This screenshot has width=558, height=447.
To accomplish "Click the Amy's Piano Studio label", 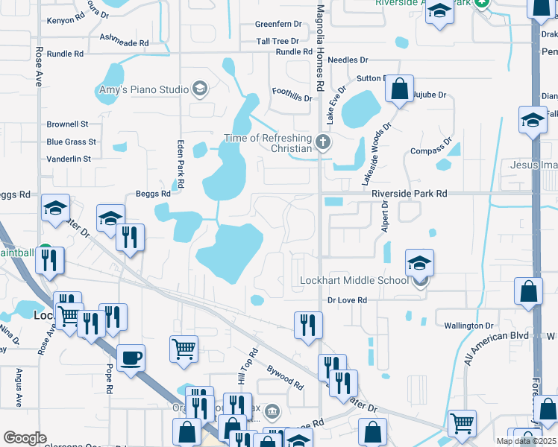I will click(x=144, y=89).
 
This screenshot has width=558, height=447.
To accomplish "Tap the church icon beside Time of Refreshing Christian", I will click(x=323, y=142).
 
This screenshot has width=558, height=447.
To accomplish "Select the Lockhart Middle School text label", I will click(x=354, y=280).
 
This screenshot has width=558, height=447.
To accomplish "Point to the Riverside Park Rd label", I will click(x=410, y=193).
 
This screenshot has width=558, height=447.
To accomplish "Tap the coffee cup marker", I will click(x=131, y=358).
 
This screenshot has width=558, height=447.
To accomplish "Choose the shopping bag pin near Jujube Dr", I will click(x=400, y=89).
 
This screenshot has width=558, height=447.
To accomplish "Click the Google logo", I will click(x=25, y=438).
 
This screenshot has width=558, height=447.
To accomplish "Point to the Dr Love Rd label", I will click(x=348, y=300).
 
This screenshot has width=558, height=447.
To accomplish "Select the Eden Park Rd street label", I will click(x=179, y=164).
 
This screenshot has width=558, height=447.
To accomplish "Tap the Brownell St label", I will click(x=67, y=124).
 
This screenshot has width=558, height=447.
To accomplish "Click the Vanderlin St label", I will click(x=69, y=159).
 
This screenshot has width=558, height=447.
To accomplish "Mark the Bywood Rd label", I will click(x=285, y=376).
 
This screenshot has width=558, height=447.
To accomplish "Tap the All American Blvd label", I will click(x=496, y=347).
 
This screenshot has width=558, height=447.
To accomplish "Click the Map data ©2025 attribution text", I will click(x=526, y=441).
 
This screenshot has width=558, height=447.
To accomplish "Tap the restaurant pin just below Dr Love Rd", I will click(x=308, y=325).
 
